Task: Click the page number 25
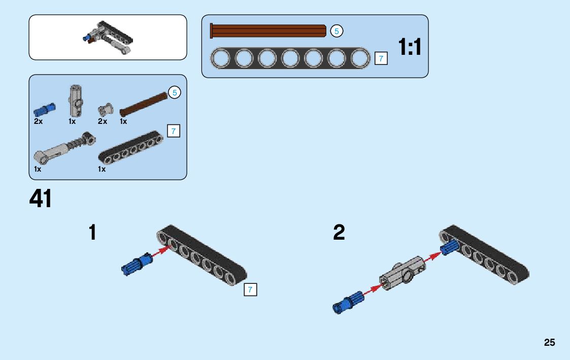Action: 550,343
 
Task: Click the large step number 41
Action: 41,199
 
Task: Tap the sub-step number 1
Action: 92,233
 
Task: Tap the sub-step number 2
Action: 339,233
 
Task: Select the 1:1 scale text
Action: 410,48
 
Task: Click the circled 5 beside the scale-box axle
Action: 337,31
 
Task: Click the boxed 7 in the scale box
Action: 381,58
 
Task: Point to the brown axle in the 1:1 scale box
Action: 269,31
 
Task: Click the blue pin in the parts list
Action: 44,109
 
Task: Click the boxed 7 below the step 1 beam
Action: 250,290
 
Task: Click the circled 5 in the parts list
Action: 175,93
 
